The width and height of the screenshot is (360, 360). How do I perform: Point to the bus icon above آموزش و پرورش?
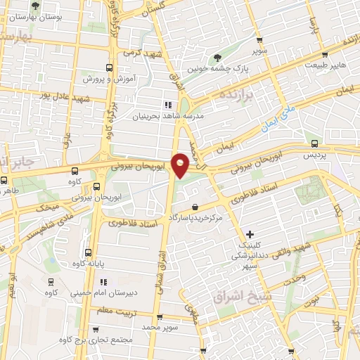[x=108, y=67]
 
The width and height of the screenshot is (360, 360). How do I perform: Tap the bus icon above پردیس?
[x=315, y=143]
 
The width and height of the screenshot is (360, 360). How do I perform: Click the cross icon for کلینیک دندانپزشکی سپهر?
[x=250, y=234]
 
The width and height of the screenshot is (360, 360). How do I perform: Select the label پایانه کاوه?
[x=89, y=263]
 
